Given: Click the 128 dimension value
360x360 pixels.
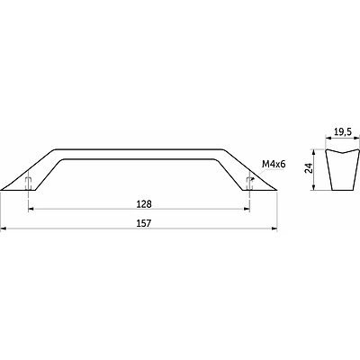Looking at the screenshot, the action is click(144, 204).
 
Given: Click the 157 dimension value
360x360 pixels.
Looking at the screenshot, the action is click(144, 223).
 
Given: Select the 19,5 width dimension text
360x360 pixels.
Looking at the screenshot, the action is click(343, 132).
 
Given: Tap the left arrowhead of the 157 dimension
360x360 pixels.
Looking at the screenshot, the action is click(4, 229).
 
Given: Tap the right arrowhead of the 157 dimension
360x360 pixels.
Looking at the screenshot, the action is click(274, 229).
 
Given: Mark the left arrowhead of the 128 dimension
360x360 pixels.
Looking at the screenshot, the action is click(31, 209).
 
